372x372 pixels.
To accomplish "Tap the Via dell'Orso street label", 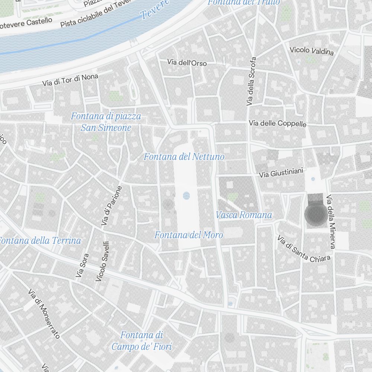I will pos(187,62).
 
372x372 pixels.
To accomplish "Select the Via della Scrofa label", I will pos(251,81).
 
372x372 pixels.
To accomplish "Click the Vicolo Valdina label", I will pos(312,51).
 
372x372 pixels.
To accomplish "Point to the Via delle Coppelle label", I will pos(278,124).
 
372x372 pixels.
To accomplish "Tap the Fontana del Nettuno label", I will pos(184,157).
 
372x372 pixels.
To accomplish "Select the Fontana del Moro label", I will pos(189,235).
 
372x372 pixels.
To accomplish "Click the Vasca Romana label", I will pos(244,215).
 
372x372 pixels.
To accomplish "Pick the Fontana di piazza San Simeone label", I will pos(106,122).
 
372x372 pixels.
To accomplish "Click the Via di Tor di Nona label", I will pos(70,80).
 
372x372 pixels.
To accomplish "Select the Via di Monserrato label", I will pos(44,314).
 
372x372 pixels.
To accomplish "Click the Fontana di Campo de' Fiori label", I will pos(142,341).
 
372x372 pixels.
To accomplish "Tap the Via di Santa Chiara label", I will pos(304,248).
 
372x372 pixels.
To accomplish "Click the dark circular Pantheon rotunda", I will pos(315,215).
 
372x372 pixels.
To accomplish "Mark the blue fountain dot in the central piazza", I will pos(186,196).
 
